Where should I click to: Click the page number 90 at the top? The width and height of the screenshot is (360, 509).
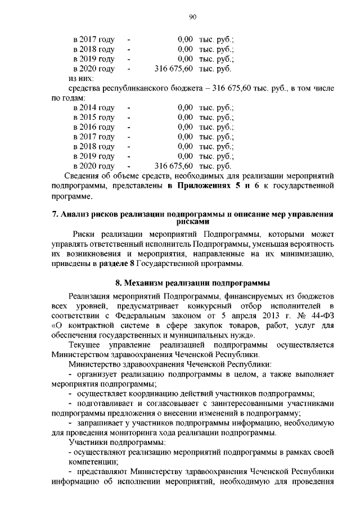click(191, 17)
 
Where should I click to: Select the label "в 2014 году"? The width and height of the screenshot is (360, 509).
click(94, 107)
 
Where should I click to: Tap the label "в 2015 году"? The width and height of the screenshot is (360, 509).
click(94, 117)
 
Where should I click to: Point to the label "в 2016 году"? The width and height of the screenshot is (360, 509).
click(94, 127)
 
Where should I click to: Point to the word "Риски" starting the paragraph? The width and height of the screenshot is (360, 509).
click(85, 233)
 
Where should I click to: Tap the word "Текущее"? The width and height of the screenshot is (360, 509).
click(84, 345)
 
